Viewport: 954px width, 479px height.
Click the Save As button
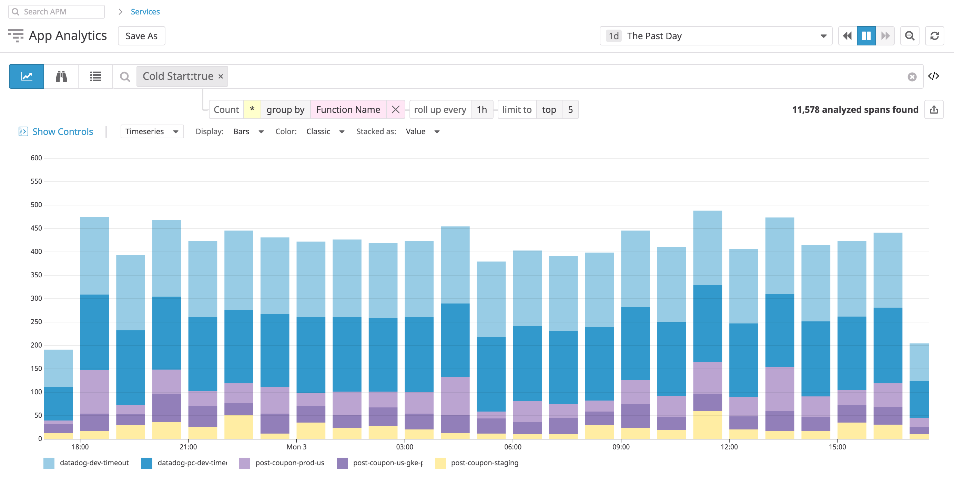point(141,36)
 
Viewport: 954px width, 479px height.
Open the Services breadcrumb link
point(145,11)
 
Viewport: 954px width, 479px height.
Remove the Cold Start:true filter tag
point(221,77)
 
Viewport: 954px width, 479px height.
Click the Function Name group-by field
point(348,109)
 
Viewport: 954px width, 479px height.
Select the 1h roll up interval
point(481,109)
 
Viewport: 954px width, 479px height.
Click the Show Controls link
point(62,132)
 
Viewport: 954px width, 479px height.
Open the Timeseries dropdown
point(152,132)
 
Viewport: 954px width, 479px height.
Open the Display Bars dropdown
point(248,132)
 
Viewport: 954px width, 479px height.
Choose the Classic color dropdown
point(325,132)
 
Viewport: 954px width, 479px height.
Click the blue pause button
point(866,36)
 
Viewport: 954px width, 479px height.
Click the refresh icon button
point(934,36)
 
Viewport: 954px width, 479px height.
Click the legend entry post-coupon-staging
point(484,463)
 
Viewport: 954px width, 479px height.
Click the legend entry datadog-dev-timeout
point(94,463)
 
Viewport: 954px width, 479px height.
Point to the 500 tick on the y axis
point(36,204)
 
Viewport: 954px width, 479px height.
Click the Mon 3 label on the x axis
point(296,447)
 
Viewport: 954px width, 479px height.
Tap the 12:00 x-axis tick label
point(729,447)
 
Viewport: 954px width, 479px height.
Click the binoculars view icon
point(61,77)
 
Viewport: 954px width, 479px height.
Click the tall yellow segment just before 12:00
point(707,425)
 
